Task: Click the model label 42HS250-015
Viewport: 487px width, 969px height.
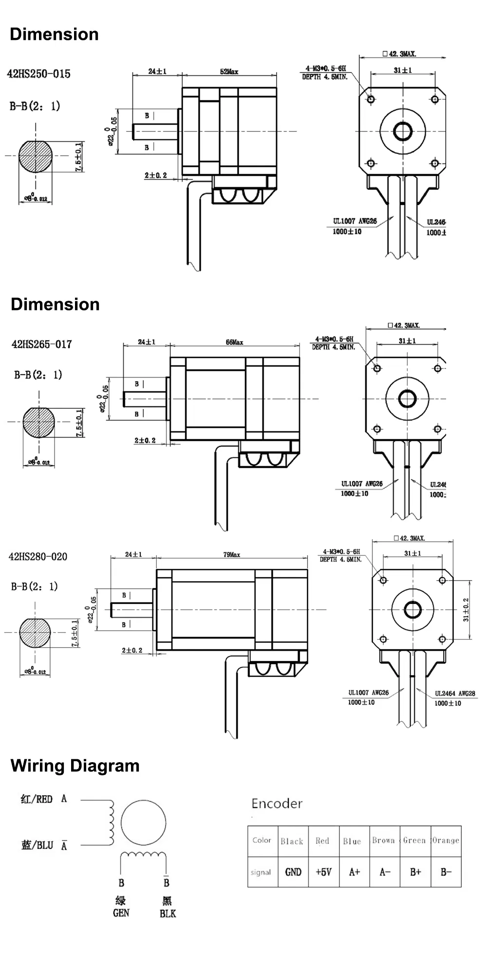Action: tap(38, 74)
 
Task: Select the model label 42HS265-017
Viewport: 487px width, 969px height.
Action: tap(41, 344)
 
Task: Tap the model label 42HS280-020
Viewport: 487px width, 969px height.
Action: tap(38, 556)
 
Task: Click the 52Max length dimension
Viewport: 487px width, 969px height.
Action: tap(229, 72)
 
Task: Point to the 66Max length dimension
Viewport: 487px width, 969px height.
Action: tap(234, 342)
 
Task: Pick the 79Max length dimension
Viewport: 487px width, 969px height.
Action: tap(232, 554)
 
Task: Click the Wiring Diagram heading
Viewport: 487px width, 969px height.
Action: tap(75, 766)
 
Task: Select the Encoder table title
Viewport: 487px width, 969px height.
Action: tap(277, 804)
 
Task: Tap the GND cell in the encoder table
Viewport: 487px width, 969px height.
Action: tap(293, 872)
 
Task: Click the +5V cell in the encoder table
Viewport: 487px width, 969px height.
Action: tap(323, 872)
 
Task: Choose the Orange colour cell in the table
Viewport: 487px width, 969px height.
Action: tap(446, 841)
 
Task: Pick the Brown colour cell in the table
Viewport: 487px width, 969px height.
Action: tap(383, 841)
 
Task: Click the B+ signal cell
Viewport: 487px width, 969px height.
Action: tap(415, 872)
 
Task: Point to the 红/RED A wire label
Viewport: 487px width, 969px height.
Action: tap(43, 799)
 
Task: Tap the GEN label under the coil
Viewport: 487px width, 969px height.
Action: tap(121, 913)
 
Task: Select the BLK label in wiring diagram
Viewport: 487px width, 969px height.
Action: tap(168, 914)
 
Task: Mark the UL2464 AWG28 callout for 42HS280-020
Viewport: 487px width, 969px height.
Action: tap(454, 694)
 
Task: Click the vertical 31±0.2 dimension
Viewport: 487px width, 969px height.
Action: tap(466, 609)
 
